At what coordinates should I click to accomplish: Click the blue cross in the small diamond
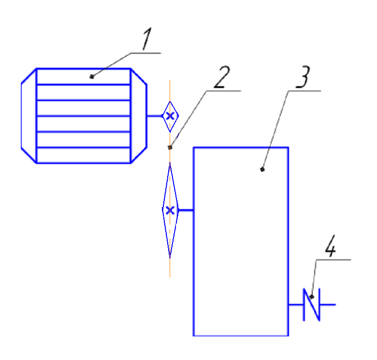(170, 116)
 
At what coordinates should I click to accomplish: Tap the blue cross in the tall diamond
(170, 210)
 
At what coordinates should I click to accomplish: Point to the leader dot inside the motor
(91, 76)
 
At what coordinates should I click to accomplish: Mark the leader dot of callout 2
(170, 148)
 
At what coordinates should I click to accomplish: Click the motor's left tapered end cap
(29, 116)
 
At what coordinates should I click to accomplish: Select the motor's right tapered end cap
(139, 116)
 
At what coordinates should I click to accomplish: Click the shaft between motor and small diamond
(154, 116)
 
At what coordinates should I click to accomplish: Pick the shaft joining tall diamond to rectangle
(186, 210)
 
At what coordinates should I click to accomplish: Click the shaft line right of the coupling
(328, 305)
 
